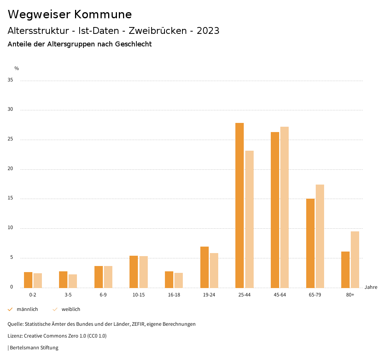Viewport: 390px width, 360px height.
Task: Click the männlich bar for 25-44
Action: (x=240, y=205)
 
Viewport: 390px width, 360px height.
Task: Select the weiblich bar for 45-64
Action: (x=285, y=207)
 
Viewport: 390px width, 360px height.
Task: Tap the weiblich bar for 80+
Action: (x=355, y=260)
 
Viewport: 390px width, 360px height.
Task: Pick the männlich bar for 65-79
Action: (x=310, y=243)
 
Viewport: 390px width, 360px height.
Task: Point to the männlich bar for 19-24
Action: (x=205, y=267)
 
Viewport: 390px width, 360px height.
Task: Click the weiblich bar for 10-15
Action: (x=144, y=272)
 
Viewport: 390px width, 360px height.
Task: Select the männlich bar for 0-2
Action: (x=28, y=280)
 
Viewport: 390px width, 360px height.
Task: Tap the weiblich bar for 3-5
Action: (x=73, y=281)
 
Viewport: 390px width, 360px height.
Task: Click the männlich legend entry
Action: (x=27, y=309)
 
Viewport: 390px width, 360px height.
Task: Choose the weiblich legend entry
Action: (x=71, y=309)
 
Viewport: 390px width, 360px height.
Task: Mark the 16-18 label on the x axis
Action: (x=174, y=295)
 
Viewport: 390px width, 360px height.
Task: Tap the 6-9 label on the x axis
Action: (x=103, y=295)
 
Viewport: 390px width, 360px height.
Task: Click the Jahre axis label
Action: (x=371, y=287)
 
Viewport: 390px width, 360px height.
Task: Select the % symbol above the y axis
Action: (x=17, y=68)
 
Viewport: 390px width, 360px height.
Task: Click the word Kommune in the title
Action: (x=103, y=14)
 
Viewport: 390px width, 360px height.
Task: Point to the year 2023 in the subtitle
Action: (x=208, y=31)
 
